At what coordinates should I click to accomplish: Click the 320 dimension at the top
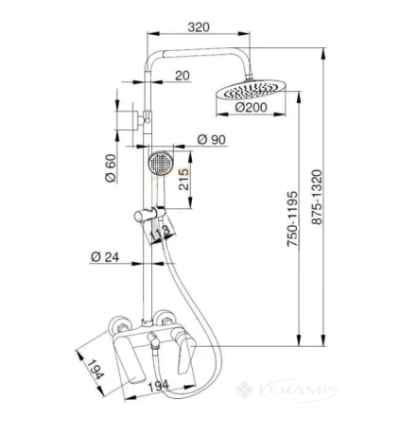pyautogui.click(x=199, y=27)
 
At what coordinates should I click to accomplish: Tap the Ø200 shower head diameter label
pyautogui.click(x=251, y=107)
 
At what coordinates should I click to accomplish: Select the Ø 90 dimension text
pyautogui.click(x=212, y=139)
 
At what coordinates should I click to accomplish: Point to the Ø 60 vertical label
pyautogui.click(x=111, y=168)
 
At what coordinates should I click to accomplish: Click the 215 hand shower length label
pyautogui.click(x=184, y=180)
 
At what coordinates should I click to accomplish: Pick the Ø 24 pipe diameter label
pyautogui.click(x=105, y=257)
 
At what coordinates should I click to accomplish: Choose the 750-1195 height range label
pyautogui.click(x=292, y=218)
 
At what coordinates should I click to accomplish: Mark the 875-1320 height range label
pyautogui.click(x=317, y=197)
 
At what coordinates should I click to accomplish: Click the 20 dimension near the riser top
pyautogui.click(x=183, y=76)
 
